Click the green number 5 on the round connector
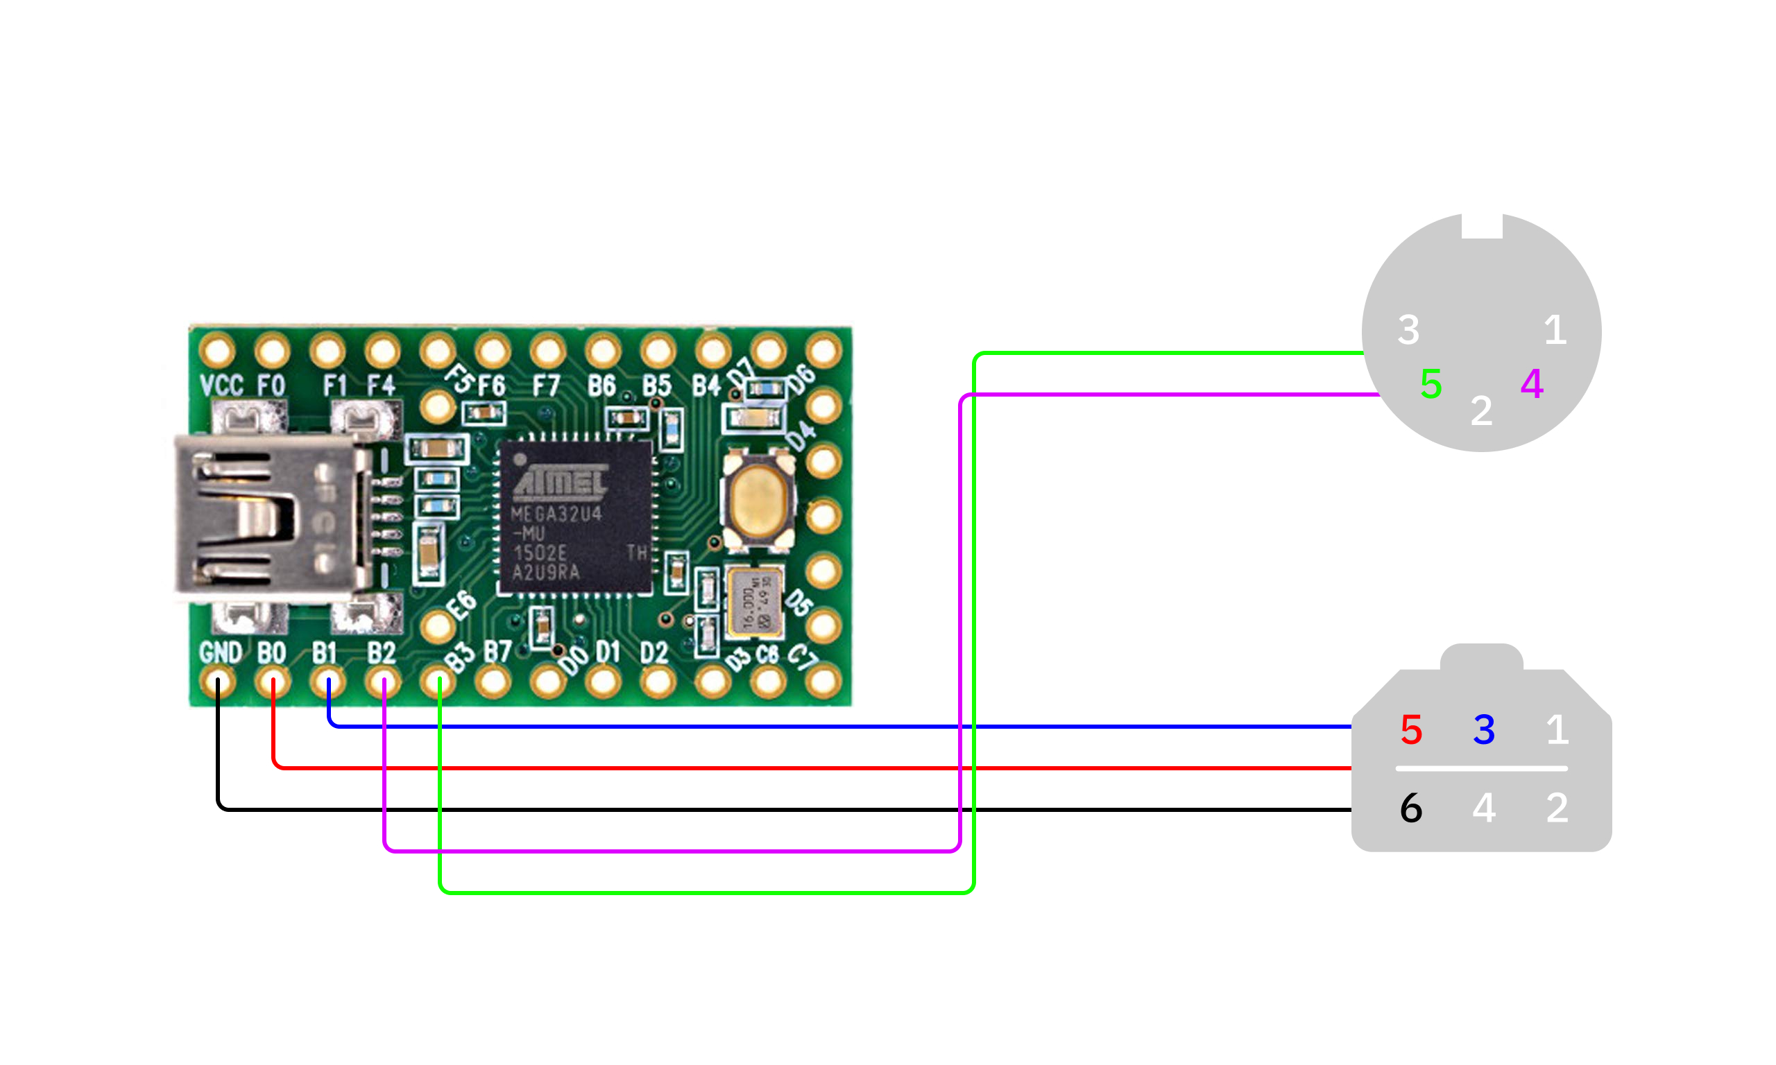[1431, 384]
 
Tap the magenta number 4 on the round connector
[1531, 384]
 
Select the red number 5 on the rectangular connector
[1411, 730]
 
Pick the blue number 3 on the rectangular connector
[1484, 730]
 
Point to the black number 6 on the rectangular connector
[1411, 808]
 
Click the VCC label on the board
[221, 386]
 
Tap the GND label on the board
[221, 653]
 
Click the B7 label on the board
[497, 652]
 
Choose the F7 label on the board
[545, 387]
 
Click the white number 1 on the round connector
[1555, 330]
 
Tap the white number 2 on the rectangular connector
[1556, 808]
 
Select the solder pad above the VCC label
[216, 352]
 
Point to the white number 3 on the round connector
[1408, 330]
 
